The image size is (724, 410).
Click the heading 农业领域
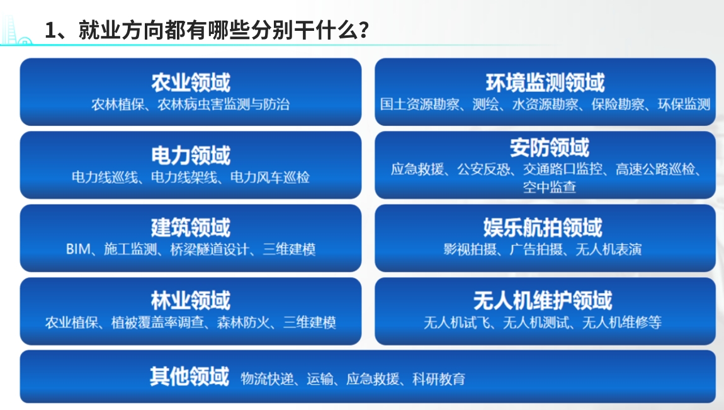191,83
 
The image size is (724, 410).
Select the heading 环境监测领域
545,83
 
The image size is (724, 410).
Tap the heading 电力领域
191,155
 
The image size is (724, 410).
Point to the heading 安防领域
550,148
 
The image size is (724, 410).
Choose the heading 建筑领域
191,227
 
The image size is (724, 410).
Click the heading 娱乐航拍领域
543,227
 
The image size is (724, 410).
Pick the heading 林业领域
191,300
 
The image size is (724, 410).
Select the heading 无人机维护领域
543,300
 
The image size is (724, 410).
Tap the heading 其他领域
189,376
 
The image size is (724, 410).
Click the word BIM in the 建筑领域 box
78,249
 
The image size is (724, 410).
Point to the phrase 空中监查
550,187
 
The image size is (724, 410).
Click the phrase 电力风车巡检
270,177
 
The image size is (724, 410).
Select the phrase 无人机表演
609,249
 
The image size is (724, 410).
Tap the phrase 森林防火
244,322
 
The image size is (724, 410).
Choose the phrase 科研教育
439,379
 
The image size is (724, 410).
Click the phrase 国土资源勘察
420,105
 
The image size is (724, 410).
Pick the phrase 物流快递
268,379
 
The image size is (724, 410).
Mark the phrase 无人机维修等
622,322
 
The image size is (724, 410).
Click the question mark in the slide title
364,30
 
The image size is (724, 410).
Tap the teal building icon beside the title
16,30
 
